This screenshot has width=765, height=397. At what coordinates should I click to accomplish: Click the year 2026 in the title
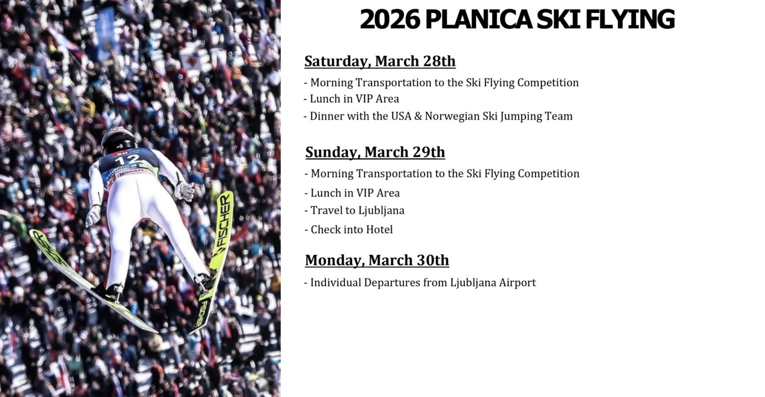390,20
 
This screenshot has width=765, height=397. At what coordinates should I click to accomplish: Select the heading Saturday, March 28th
380,61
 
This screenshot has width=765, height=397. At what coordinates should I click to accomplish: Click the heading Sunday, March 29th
375,152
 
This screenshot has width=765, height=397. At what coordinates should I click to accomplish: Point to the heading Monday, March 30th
377,260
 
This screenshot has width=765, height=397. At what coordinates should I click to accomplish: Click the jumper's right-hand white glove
185,190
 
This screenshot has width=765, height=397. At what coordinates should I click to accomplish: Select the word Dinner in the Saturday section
325,116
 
